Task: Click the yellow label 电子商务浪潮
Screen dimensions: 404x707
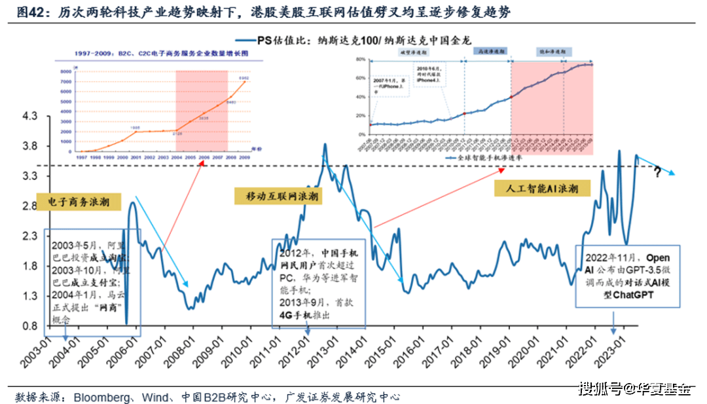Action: pos(78,202)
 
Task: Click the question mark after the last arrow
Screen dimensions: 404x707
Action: pos(657,173)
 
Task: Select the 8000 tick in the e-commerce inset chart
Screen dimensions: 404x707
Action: pos(66,71)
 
